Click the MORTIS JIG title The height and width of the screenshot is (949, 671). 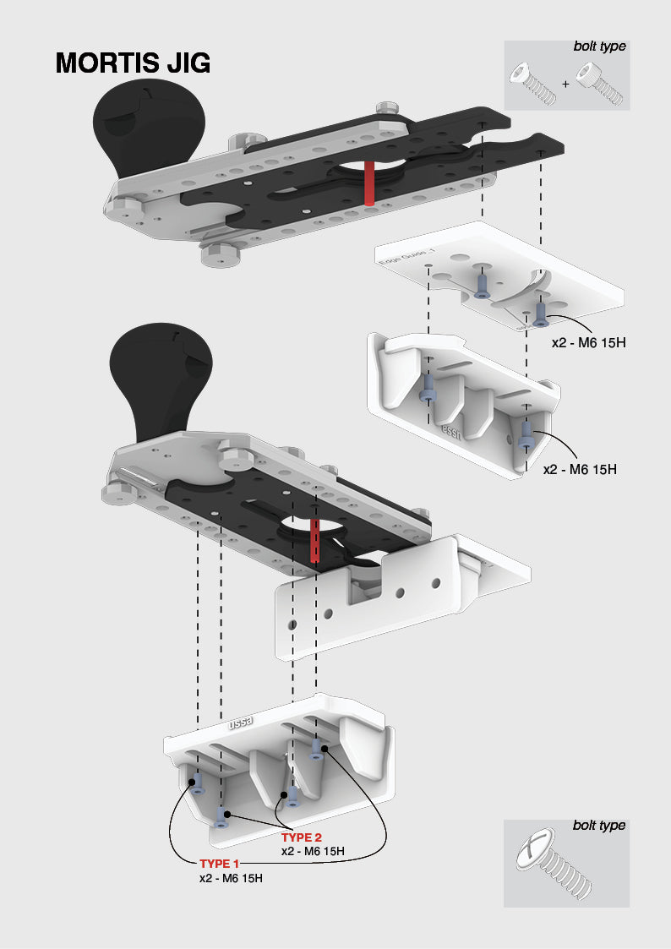(x=133, y=63)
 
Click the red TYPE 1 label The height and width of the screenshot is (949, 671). (x=220, y=864)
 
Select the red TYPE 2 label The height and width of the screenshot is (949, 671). (x=302, y=837)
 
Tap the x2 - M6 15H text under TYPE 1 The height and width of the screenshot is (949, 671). (x=231, y=878)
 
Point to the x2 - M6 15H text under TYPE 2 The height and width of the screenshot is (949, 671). (x=313, y=851)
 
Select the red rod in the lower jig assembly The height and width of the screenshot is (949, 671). (x=314, y=541)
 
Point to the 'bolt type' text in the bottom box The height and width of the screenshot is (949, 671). (x=599, y=826)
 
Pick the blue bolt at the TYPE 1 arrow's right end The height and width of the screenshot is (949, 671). (x=318, y=749)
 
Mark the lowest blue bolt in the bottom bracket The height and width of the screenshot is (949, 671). (x=221, y=816)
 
